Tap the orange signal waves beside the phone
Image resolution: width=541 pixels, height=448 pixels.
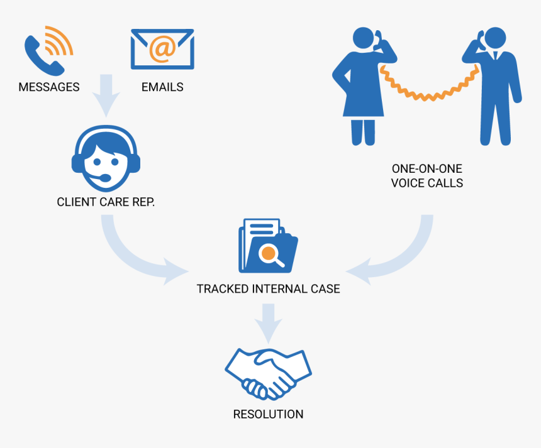click(60, 40)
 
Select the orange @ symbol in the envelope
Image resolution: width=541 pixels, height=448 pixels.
click(162, 48)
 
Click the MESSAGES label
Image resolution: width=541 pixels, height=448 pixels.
click(49, 87)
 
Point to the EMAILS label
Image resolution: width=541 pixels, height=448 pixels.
click(162, 87)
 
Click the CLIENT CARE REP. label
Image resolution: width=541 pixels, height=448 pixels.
click(105, 202)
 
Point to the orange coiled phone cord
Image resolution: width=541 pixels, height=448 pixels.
click(428, 88)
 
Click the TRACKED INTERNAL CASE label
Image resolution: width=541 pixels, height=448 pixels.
click(268, 289)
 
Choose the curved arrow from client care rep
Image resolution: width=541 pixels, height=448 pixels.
click(132, 251)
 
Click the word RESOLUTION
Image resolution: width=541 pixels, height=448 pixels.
click(268, 415)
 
